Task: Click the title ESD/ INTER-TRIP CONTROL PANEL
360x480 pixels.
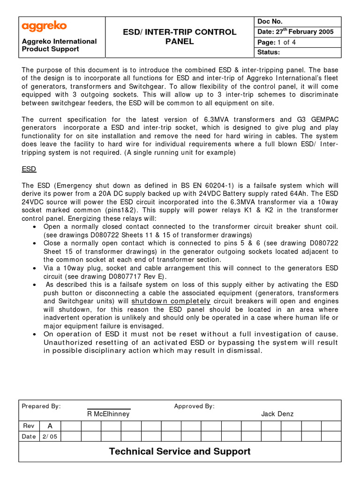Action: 180,37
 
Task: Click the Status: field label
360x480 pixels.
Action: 269,52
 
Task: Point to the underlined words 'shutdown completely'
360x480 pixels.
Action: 171,301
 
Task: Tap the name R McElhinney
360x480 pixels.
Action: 108,414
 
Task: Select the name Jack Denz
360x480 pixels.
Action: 277,414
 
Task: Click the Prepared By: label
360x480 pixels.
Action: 41,406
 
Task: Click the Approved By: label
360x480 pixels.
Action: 194,406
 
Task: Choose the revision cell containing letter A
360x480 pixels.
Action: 50,426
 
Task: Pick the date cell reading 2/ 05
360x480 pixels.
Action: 50,436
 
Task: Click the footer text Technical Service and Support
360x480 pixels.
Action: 180,451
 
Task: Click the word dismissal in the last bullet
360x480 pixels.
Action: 240,351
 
